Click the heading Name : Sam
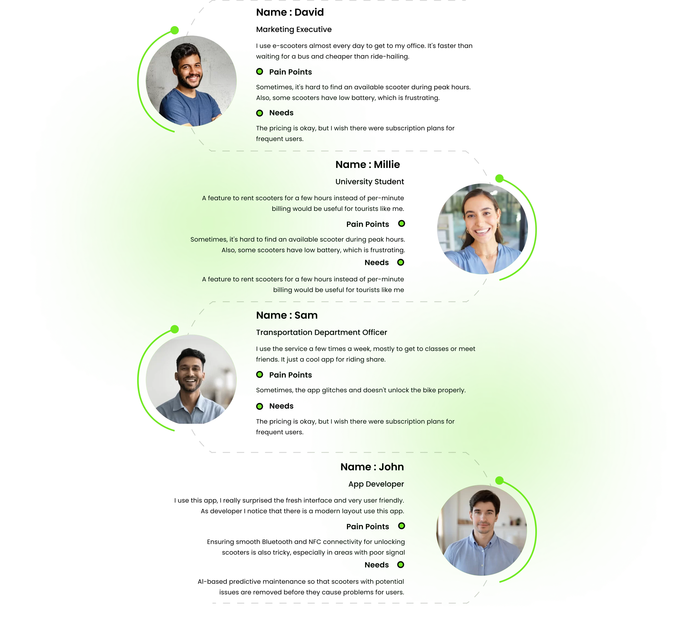click(x=287, y=315)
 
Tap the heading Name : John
click(x=372, y=467)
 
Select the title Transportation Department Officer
click(x=321, y=332)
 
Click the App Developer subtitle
click(x=376, y=484)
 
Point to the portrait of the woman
click(x=482, y=229)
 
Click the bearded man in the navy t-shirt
click(x=191, y=81)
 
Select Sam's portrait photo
click(x=191, y=380)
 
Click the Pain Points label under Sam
click(x=290, y=375)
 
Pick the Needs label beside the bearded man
click(x=281, y=113)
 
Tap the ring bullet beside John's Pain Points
click(x=401, y=526)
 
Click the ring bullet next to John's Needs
click(x=400, y=564)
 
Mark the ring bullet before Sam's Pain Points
click(x=260, y=375)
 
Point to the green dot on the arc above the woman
click(x=499, y=178)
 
